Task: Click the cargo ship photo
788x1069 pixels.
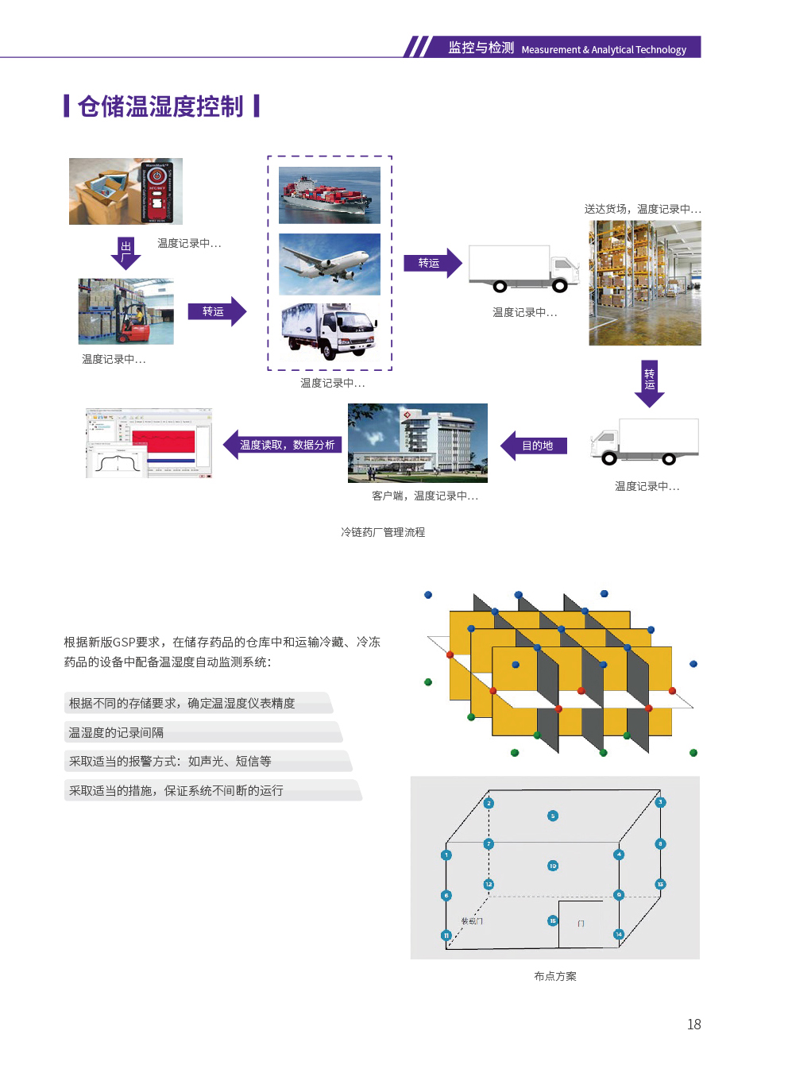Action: pos(330,195)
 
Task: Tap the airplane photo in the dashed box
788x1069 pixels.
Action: pos(330,264)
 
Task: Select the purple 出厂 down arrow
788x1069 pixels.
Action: pos(126,252)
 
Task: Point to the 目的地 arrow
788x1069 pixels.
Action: pos(535,446)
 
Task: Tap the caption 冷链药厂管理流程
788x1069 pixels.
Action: pos(383,532)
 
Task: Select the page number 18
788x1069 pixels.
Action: pos(693,1025)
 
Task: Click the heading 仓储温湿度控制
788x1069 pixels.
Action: pos(161,106)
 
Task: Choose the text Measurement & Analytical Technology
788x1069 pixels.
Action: pos(604,49)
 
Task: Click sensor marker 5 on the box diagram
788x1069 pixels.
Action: pos(553,816)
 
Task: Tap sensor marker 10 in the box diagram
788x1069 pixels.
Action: pos(553,866)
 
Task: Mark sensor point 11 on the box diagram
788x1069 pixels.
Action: pos(446,935)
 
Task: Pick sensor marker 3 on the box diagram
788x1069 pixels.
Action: pos(660,802)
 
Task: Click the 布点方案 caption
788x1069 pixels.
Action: pos(555,976)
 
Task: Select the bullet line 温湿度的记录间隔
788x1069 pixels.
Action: pos(117,732)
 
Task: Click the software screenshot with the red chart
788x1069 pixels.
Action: pos(149,443)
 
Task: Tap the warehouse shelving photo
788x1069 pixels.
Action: pos(644,283)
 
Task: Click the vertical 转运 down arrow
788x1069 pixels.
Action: pos(649,382)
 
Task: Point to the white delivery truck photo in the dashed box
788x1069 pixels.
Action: pos(330,332)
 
